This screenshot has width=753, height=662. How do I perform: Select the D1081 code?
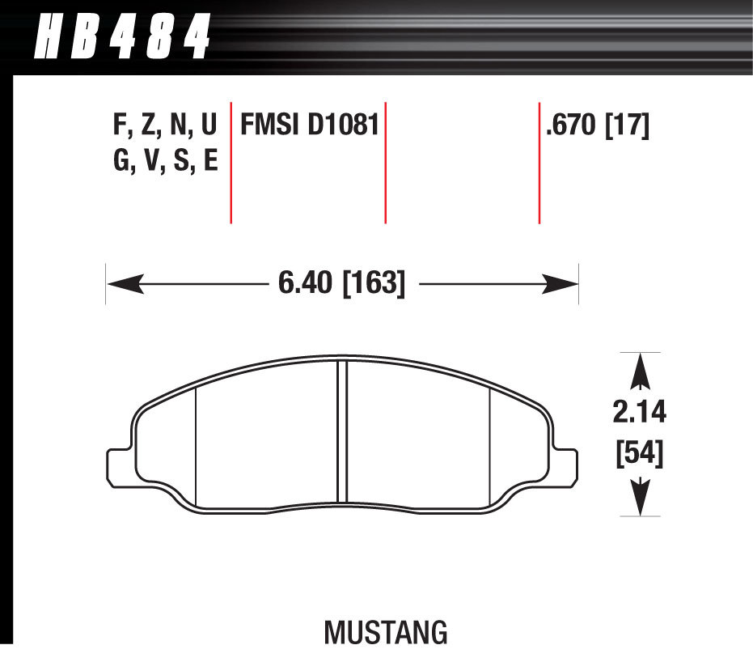point(344,125)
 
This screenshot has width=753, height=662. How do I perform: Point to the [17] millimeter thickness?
point(628,125)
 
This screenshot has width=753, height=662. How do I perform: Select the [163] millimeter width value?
point(374,283)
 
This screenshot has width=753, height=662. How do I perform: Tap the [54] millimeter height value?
point(640,455)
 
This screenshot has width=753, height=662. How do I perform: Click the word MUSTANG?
point(386,632)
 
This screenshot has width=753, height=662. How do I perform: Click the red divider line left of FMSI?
point(231,162)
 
